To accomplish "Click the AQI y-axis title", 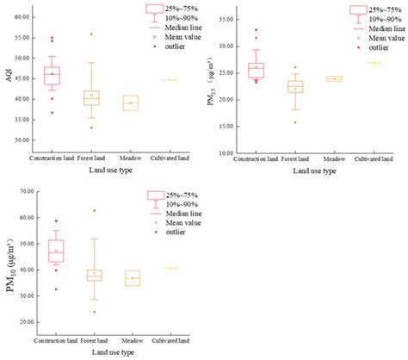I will point(9,78).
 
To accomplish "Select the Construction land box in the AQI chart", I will point(52,76).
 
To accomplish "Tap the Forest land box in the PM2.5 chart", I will point(295,86).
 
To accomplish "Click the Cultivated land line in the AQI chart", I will point(170,80).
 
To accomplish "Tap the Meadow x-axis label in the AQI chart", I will point(131,158).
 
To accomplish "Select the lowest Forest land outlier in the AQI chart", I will point(91,127).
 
